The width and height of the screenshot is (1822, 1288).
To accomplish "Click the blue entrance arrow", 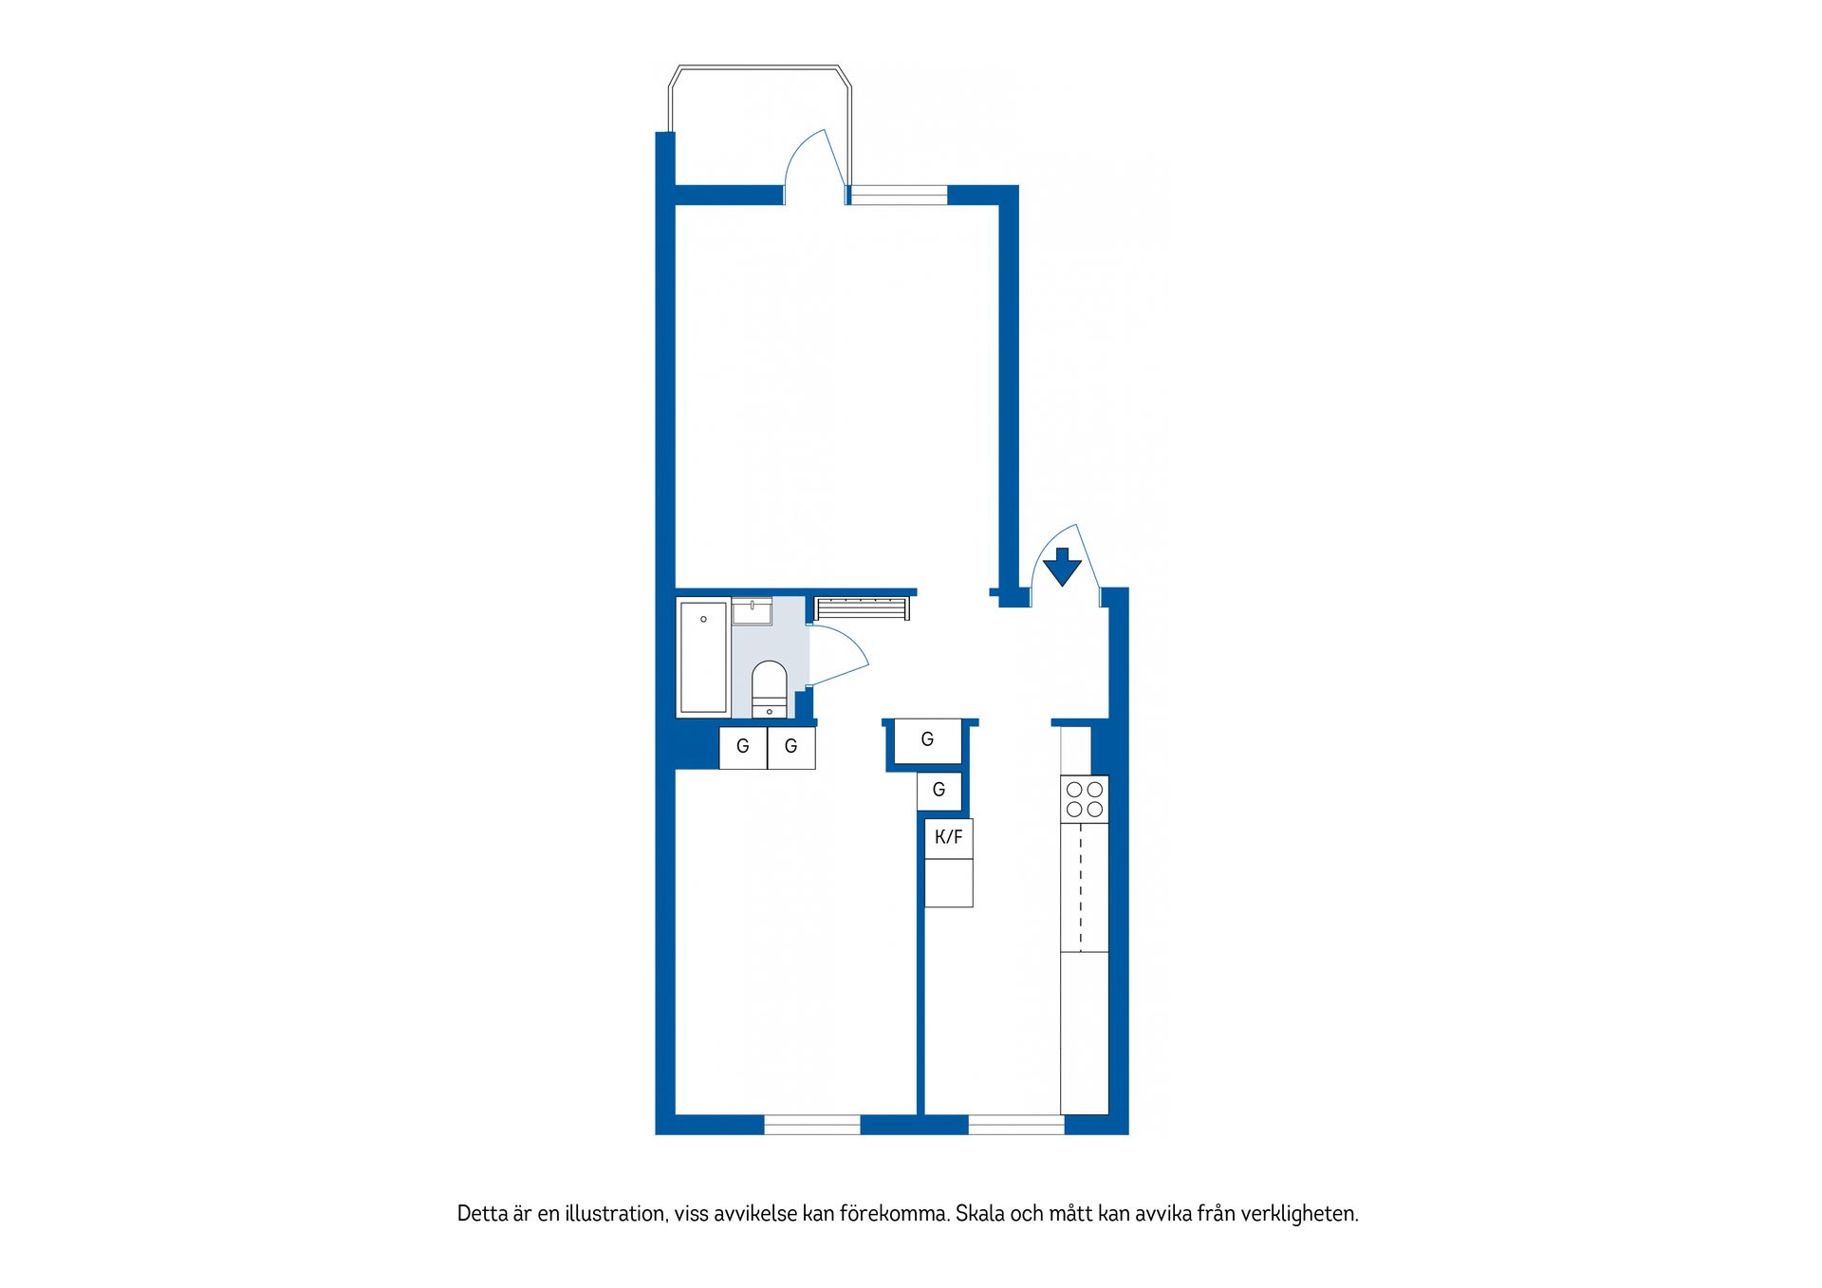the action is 1062,567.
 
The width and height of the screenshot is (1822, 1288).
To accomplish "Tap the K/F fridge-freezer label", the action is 948,837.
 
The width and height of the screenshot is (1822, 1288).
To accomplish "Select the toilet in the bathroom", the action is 769,689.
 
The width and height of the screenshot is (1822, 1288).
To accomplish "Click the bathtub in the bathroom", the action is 703,656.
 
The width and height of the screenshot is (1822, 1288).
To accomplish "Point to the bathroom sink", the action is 752,610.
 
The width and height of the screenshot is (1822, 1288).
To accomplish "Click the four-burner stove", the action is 1085,799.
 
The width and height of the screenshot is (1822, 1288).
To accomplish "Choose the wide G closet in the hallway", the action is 927,740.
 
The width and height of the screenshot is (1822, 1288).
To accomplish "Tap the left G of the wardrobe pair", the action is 743,747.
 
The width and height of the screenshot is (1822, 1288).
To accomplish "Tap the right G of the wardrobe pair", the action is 790,747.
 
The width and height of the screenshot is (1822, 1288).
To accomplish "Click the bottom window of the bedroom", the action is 812,1125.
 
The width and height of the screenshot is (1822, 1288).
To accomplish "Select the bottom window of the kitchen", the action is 1016,1125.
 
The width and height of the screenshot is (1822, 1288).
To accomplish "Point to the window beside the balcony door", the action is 898,195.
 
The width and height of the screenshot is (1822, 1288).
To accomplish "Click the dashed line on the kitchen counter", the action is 1081,887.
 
